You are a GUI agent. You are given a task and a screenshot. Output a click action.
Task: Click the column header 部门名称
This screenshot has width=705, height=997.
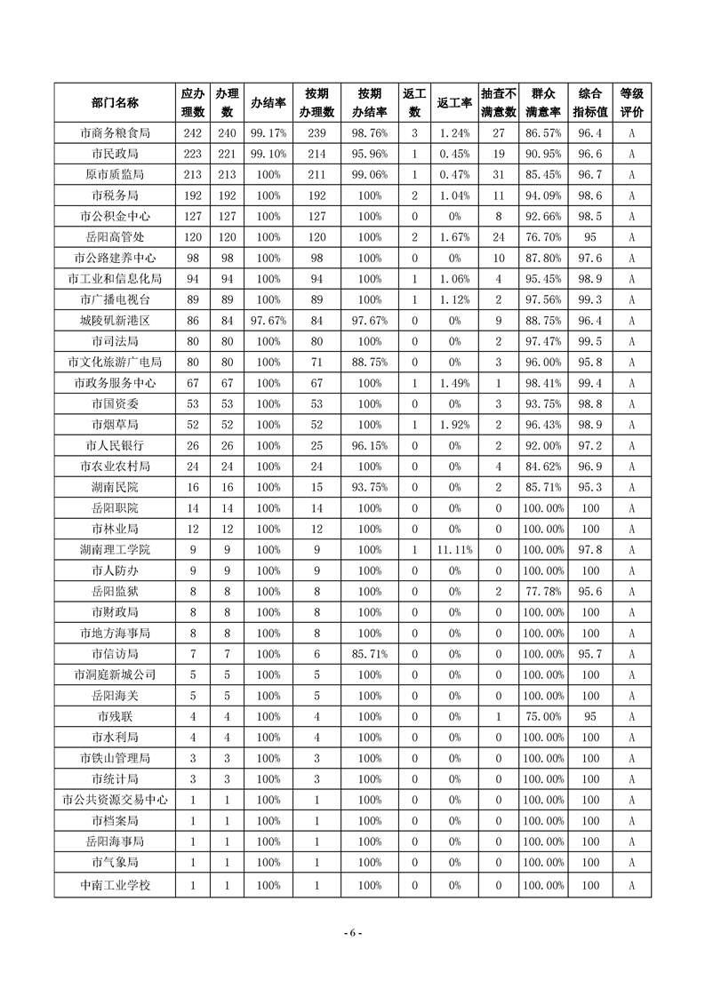(115, 103)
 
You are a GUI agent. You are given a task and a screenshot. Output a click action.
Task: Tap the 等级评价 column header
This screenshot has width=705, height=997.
(631, 103)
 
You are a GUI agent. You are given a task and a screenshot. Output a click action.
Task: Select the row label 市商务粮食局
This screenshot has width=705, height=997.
(115, 133)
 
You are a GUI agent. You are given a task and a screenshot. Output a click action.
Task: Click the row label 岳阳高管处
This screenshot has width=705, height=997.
(115, 237)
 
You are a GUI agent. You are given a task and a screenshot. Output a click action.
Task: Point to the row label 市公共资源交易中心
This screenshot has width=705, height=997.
(115, 800)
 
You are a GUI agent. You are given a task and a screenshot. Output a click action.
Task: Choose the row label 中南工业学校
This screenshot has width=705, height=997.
(115, 885)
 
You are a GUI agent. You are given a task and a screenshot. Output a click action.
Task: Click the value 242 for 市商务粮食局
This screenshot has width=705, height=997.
(193, 133)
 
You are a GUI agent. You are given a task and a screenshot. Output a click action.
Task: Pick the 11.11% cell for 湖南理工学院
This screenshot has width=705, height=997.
(454, 550)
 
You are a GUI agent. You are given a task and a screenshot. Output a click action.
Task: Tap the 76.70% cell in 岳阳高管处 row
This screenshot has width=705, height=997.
(543, 237)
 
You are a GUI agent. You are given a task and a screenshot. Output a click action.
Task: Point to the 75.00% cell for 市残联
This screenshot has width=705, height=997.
(543, 716)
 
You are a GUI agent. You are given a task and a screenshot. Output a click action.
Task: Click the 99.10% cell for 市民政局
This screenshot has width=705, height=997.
(268, 154)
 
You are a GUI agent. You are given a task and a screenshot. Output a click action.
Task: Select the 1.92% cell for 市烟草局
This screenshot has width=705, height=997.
(454, 425)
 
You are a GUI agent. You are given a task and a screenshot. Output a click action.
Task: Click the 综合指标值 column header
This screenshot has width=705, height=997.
(590, 103)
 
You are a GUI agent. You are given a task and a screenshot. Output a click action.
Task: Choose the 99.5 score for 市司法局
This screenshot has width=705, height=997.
(590, 341)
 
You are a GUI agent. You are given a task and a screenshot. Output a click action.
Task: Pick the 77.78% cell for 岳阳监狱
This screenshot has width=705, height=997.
(543, 592)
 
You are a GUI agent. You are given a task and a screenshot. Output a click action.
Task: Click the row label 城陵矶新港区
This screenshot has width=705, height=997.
(115, 321)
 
